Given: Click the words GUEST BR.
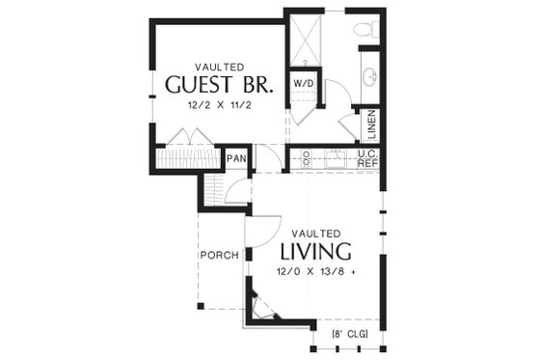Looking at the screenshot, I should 219,84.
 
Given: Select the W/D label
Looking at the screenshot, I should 302,82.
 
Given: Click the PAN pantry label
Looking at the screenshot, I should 236,158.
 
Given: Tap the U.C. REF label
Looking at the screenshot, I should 366,158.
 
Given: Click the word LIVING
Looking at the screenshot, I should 315,252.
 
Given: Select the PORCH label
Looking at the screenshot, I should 219,255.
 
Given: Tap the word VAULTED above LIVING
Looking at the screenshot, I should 315,233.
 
